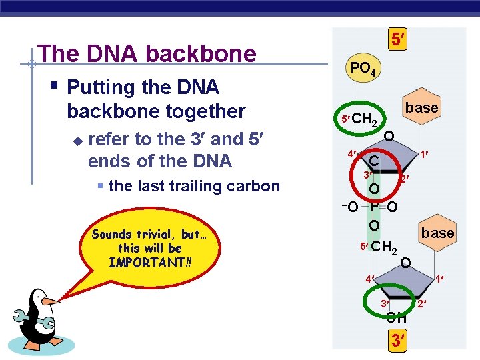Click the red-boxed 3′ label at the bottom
[x=398, y=341]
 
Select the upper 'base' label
[x=421, y=107]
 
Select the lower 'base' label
[x=437, y=233]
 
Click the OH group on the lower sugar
[x=396, y=317]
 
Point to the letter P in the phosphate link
[x=375, y=207]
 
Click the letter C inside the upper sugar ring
[x=375, y=161]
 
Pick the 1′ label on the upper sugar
[x=423, y=155]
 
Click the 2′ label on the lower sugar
[x=421, y=305]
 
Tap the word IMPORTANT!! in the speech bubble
[x=150, y=262]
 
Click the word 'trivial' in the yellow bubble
[x=157, y=234]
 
